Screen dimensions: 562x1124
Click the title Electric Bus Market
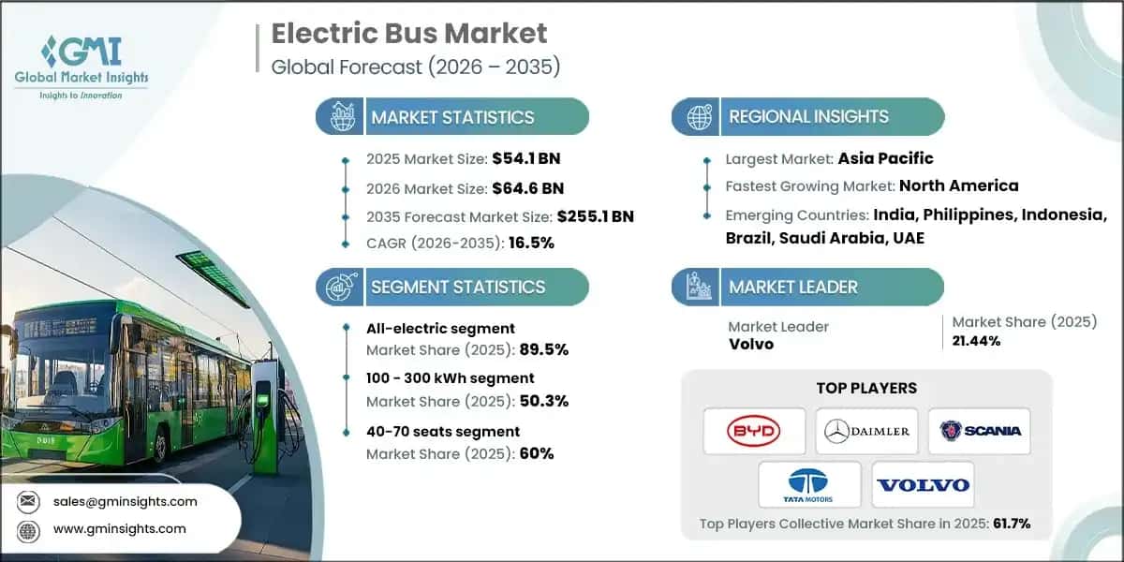point(408,35)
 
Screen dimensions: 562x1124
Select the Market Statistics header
point(452,117)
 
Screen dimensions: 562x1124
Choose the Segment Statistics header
point(457,287)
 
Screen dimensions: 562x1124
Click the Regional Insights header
point(808,117)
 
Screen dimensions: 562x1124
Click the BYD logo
point(753,431)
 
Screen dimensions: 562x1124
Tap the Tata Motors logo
point(809,484)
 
